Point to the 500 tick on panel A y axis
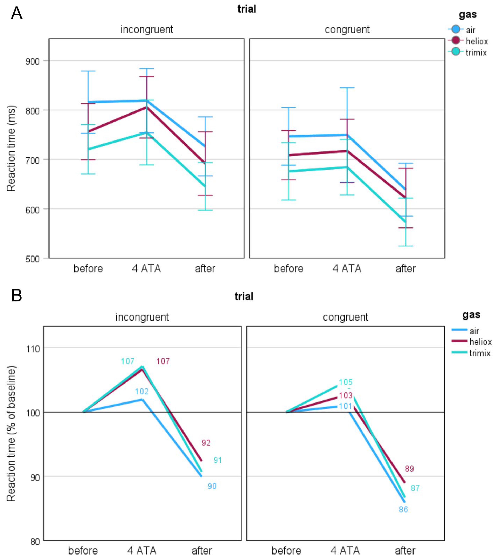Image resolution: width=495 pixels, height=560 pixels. tap(32, 259)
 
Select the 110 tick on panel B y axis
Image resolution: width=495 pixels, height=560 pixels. tap(33, 349)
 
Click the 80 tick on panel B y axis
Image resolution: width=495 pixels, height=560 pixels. tap(35, 542)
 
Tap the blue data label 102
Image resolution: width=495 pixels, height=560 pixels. tap(142, 391)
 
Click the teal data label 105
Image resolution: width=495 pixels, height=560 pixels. tap(346, 382)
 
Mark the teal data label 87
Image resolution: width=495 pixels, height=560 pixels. tap(415, 488)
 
